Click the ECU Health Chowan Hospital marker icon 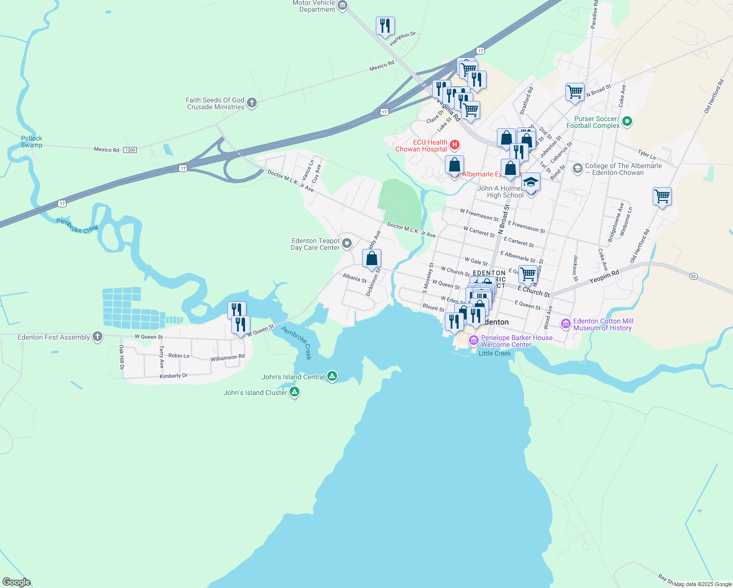point(454,146)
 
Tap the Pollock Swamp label point(31,142)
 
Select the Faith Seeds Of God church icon point(252,103)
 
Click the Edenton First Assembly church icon point(98,337)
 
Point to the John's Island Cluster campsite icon point(294,392)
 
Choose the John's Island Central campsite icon point(332,376)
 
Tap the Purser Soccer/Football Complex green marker point(627,122)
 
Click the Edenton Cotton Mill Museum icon point(566,324)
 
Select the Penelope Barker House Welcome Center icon point(473,341)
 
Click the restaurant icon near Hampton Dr point(385,26)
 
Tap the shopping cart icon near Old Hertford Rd point(662,196)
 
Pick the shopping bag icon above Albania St point(372,258)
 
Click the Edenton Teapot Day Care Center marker point(347,244)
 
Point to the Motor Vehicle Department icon point(342,6)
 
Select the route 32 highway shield point(693,276)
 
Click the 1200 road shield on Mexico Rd point(130,149)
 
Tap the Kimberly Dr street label point(173,376)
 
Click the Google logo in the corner point(17,582)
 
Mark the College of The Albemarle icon point(578,169)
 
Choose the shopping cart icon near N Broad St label point(575,92)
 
